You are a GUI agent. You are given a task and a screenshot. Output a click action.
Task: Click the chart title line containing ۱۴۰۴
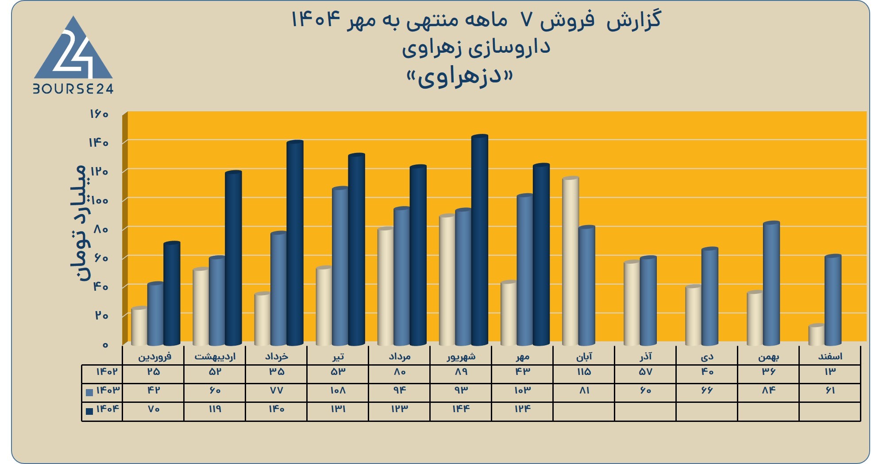tap(476, 20)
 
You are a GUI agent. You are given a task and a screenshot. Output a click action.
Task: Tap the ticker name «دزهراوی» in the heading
tap(459, 78)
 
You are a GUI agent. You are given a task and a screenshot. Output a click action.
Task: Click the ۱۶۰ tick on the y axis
tap(99, 114)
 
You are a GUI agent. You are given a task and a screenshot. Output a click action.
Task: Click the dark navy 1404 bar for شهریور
tap(480, 240)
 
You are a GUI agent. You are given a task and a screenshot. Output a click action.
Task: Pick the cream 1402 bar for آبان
tap(571, 261)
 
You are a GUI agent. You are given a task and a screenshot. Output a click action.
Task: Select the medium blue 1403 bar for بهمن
tap(771, 283)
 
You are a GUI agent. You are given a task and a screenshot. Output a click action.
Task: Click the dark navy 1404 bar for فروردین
tap(172, 293)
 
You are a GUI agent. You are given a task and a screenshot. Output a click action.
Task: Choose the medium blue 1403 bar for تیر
tap(340, 266)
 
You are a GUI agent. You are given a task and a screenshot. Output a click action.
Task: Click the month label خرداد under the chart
tap(277, 356)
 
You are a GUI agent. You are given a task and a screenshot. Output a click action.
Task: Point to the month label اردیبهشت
tap(215, 356)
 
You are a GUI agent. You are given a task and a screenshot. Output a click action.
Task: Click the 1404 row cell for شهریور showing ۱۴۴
tap(460, 409)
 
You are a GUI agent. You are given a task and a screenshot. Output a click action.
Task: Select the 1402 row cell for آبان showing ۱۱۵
tap(584, 371)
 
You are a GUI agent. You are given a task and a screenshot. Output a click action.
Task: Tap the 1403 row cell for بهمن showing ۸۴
tap(768, 390)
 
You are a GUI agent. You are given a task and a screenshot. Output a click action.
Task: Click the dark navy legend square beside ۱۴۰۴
tap(89, 411)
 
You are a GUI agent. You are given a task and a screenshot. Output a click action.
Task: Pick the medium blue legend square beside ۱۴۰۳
tap(89, 392)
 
